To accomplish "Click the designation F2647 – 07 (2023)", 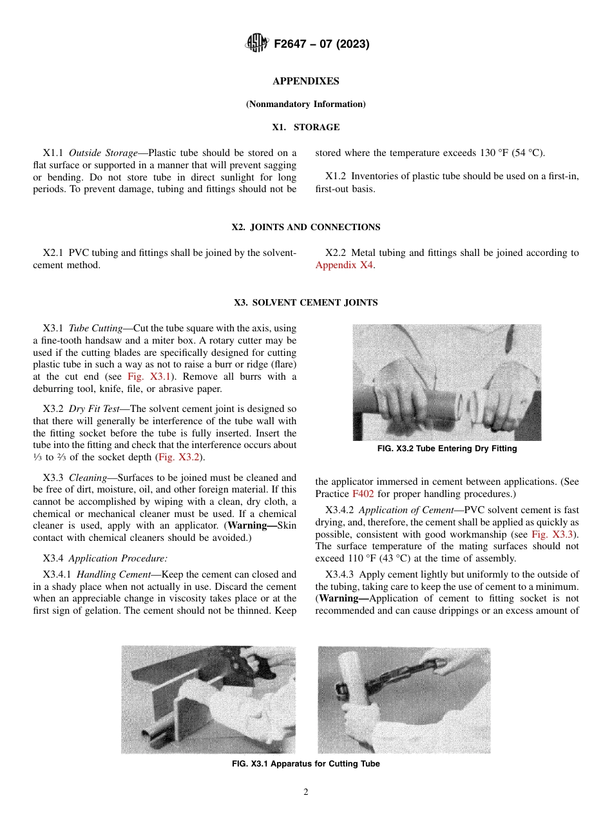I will coord(321,44).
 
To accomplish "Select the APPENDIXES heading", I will coord(306,81).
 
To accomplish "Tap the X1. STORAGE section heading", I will coord(306,128).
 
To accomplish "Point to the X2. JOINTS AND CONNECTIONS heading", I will coord(306,227).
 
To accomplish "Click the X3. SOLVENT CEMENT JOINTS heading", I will coord(306,302).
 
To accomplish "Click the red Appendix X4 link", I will coord(344,265).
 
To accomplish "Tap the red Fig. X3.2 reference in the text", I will coord(180,457).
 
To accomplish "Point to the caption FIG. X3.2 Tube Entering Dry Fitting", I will coord(447,449).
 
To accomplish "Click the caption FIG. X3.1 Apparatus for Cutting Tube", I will coord(306,764).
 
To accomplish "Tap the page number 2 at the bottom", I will coord(306,792).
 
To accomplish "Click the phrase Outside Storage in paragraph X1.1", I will coord(103,153).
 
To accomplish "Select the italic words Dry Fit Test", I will coord(94,409).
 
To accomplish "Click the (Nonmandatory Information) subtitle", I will coord(306,104).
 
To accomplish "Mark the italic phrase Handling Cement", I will coord(113,574).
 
